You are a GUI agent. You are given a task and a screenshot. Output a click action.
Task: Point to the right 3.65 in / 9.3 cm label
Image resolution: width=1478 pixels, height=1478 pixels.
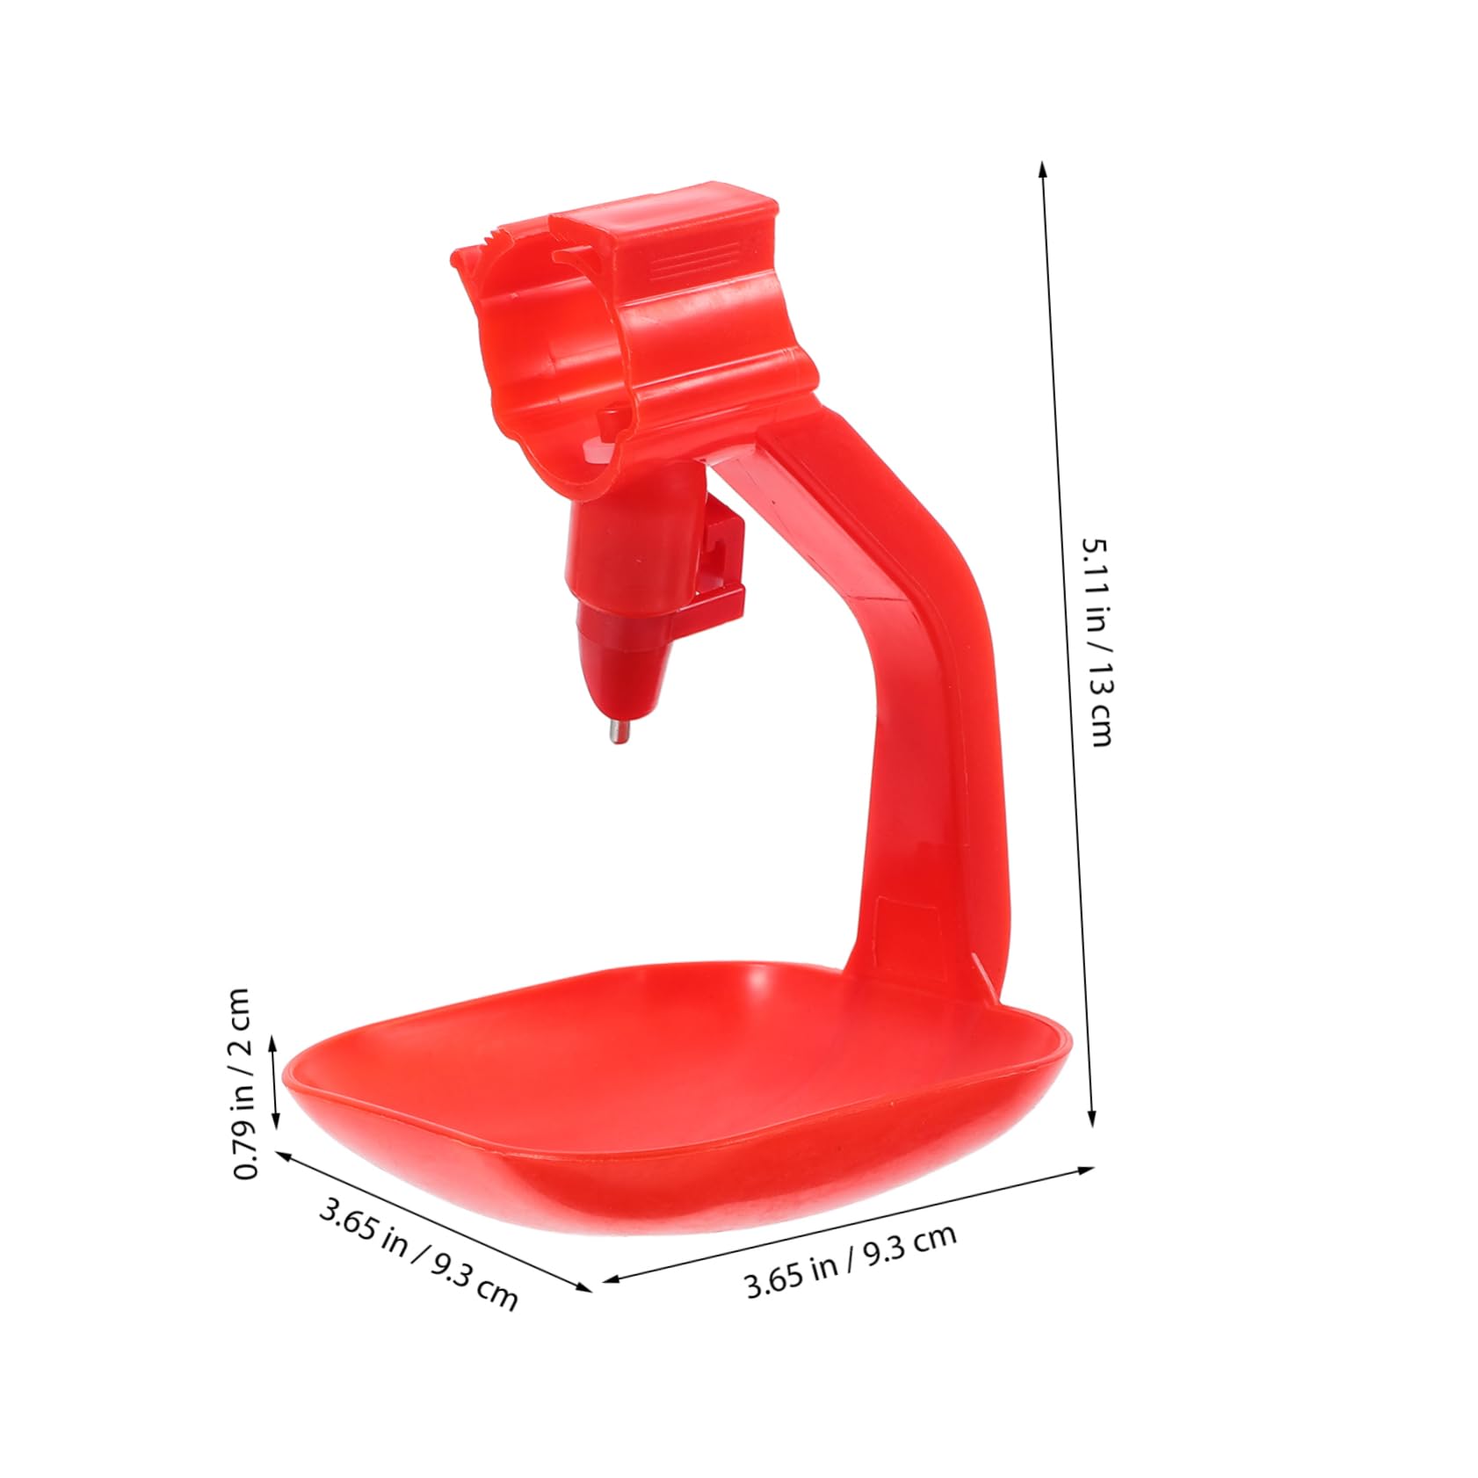850,1261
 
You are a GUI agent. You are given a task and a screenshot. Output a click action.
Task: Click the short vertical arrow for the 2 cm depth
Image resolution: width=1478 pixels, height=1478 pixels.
275,1081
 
